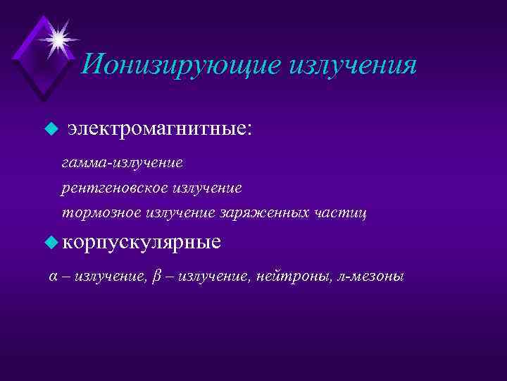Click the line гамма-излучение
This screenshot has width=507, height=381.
[x=123, y=164]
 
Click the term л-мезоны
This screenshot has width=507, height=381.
[x=372, y=277]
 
